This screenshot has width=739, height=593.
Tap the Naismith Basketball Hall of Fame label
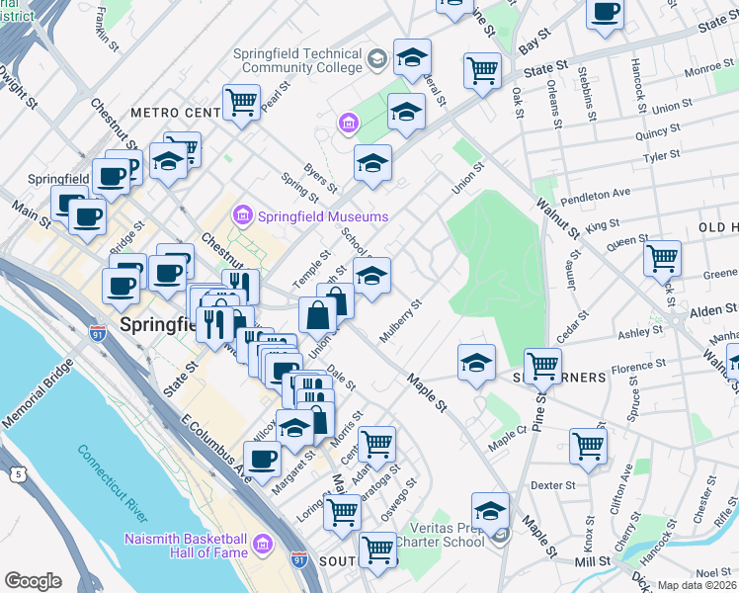point(186,545)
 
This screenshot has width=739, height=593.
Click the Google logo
point(33,580)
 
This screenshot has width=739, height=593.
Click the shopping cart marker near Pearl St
point(240,102)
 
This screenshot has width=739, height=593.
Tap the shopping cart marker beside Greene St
point(661,259)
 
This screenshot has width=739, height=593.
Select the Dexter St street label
point(552,485)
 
